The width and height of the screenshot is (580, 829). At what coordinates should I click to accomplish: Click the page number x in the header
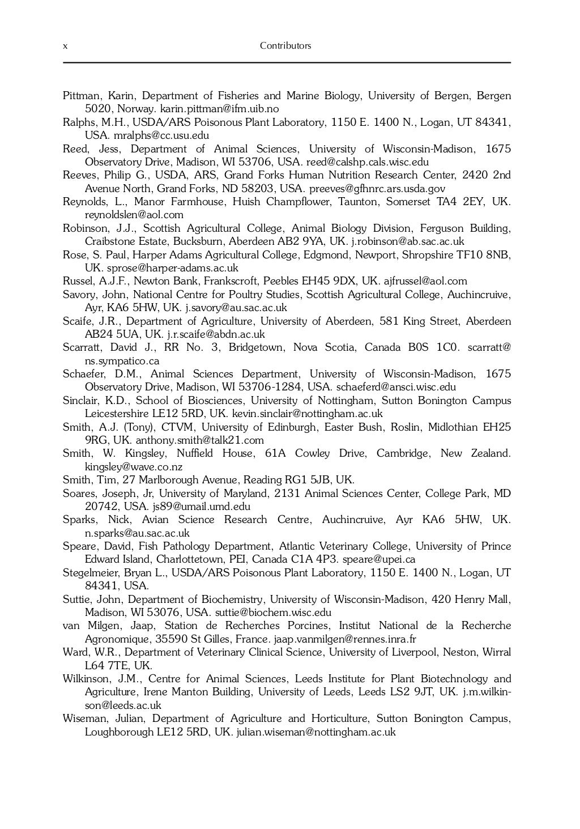[x=65, y=46]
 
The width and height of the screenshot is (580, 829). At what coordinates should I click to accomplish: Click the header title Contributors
[x=285, y=46]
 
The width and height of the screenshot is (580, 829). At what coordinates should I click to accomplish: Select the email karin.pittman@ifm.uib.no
[x=220, y=109]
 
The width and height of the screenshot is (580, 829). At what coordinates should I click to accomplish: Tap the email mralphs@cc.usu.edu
[x=161, y=135]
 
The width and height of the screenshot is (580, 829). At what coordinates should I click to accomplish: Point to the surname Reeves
[x=79, y=175]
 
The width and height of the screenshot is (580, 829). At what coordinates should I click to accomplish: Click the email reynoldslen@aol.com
[x=134, y=215]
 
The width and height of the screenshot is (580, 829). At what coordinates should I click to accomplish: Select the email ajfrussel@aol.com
[x=425, y=281]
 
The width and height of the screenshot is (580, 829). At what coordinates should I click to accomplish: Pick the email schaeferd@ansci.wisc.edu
[x=396, y=387]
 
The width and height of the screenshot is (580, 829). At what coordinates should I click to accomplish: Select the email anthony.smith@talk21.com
[x=200, y=440]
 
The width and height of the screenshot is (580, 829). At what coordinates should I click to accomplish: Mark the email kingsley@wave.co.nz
[x=134, y=467]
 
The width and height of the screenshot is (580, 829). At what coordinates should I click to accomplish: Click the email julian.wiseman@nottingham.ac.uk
[x=316, y=732]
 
